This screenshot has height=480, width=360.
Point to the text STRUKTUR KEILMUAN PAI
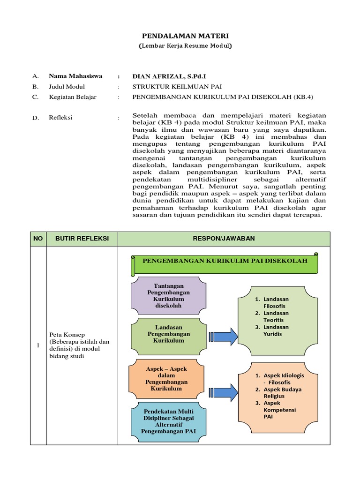tap(177, 87)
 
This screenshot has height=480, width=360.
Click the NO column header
tap(38, 239)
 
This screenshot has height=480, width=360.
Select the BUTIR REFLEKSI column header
tap(82, 239)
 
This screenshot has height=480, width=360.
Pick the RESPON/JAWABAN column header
tap(224, 239)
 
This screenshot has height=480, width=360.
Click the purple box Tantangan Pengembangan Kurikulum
tap(169, 296)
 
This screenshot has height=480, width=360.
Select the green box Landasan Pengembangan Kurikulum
tap(169, 334)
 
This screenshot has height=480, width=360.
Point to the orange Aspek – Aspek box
tap(166, 379)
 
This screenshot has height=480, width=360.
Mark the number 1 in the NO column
tap(38, 346)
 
